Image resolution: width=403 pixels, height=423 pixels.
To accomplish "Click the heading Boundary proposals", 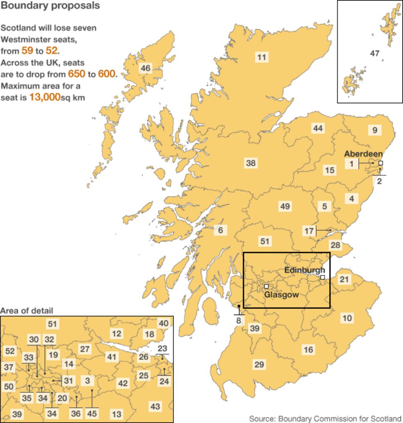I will click(50, 6).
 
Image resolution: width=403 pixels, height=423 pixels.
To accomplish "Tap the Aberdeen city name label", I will click(363, 154).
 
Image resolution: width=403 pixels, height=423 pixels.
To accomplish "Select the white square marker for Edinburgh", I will click(322, 277).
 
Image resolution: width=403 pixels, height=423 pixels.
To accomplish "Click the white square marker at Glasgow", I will click(266, 286).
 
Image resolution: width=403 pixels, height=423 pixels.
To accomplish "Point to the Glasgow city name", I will click(281, 295).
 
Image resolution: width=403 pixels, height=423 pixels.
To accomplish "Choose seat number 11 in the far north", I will click(261, 57).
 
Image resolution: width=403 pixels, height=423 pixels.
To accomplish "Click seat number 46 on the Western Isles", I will click(145, 68).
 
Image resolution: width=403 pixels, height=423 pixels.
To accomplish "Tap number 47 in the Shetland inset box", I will click(375, 53).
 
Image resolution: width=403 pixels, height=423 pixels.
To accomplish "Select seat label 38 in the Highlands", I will click(251, 163).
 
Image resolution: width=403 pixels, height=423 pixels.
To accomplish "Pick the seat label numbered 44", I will click(318, 128).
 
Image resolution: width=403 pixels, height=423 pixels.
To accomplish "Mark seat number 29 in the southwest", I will click(259, 365).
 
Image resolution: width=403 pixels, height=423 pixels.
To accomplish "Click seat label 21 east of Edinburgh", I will click(344, 280).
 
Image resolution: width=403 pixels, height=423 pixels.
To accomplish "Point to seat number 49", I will click(285, 206).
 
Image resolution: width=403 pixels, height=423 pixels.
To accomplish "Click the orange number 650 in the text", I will click(76, 74).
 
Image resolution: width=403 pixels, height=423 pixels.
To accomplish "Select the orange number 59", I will click(27, 51).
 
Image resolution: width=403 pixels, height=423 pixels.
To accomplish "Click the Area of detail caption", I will click(27, 311).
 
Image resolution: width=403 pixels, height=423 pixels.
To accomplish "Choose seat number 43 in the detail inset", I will click(155, 406).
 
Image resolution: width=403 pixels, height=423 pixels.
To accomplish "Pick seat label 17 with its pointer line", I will click(309, 231).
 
